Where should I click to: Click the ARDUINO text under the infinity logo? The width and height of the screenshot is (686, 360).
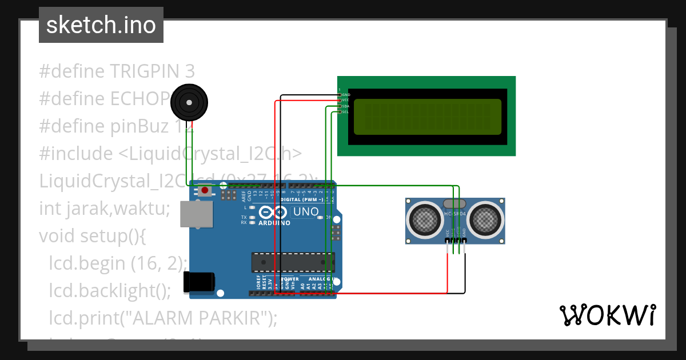click(274, 223)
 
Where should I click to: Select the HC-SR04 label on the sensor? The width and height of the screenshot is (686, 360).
click(455, 214)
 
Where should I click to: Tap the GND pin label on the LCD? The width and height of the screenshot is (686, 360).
click(345, 94)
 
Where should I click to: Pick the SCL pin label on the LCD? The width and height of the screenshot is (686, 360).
click(345, 112)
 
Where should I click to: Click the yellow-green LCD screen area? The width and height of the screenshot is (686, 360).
click(428, 117)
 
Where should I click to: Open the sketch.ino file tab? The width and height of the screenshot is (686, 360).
click(101, 25)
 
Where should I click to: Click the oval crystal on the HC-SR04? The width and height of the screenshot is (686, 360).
click(455, 203)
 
